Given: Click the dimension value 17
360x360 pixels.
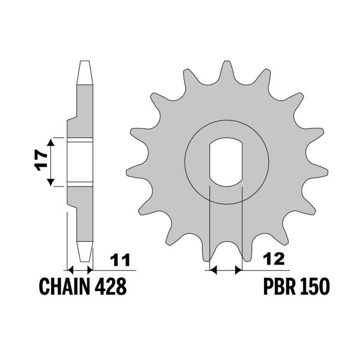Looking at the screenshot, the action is tap(41, 160).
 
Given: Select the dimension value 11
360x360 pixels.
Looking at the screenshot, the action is tap(120, 260).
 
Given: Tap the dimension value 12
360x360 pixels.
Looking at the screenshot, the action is tap(274, 259).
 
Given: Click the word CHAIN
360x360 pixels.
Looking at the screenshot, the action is tap(64, 286).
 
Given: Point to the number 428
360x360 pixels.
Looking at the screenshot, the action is tap(110, 286).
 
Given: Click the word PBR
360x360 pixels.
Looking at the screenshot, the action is tap(280, 286).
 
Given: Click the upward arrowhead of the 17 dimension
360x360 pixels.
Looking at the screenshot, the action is tap(51, 142).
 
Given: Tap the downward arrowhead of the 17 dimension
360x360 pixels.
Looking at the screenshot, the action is tap(51, 182).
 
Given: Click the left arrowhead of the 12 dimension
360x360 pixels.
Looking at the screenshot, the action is tap(214, 270).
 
